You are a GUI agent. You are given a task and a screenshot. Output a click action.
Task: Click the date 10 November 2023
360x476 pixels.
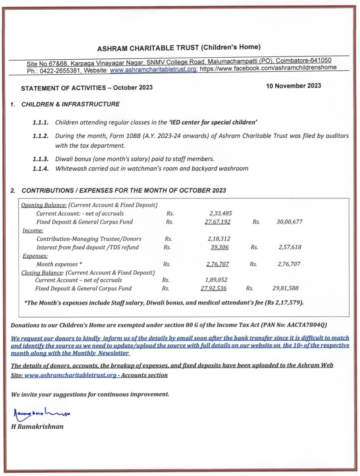point(293,86)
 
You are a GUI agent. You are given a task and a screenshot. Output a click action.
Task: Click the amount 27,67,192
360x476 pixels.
point(218,222)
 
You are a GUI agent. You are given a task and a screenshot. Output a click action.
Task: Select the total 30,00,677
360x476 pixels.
point(289,222)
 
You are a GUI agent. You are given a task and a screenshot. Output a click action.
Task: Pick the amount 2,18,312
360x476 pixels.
point(219,239)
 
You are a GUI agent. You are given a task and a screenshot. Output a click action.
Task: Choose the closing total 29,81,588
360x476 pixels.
point(286,288)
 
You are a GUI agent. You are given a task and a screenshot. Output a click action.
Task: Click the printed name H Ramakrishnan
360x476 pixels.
point(37,426)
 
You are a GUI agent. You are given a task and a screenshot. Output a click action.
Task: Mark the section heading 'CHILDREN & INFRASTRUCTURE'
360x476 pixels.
point(71,104)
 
